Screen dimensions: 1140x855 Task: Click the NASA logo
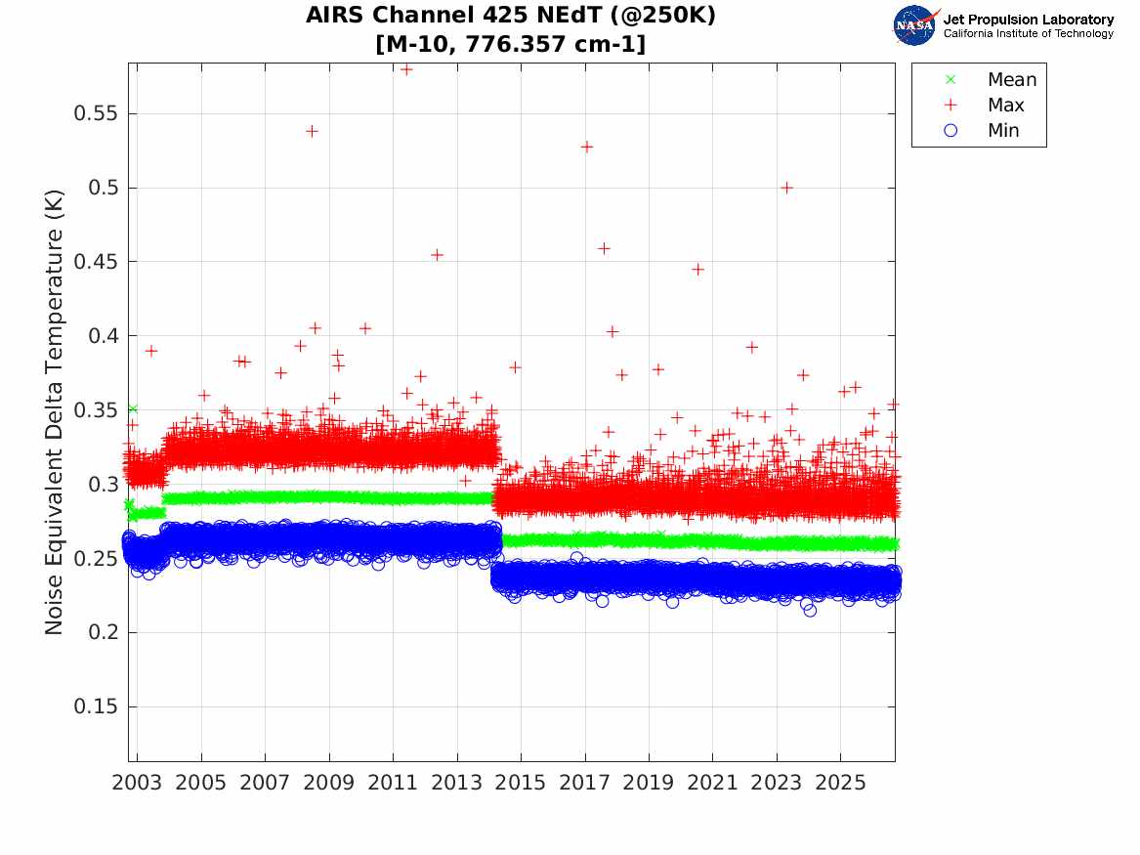[x=914, y=25]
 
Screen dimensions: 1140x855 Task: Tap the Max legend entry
[x=984, y=105]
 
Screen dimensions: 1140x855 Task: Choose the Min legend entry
[x=982, y=130]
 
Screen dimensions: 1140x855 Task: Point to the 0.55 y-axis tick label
[x=95, y=113]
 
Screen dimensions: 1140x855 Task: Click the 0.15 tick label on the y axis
[x=95, y=705]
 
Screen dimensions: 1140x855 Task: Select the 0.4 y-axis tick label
[x=103, y=336]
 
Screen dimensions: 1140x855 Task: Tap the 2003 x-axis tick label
[x=137, y=783]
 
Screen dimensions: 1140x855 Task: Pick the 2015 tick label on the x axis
[x=521, y=783]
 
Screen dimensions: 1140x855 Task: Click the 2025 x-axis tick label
[x=840, y=783]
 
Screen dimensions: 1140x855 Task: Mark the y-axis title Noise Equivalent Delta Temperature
[x=54, y=412]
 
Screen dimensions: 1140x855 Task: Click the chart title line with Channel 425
[x=510, y=16]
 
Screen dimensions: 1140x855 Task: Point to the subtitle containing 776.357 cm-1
[x=510, y=44]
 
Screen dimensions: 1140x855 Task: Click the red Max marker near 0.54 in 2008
[x=312, y=131]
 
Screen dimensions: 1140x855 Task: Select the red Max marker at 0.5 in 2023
[x=786, y=188]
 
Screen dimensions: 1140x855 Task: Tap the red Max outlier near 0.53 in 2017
[x=587, y=147]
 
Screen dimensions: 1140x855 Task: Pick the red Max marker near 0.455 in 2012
[x=437, y=254]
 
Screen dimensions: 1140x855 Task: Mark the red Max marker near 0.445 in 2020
[x=697, y=270]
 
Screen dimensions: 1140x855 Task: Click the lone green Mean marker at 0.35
[x=132, y=409]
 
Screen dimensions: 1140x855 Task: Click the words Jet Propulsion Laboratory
[x=1028, y=20]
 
